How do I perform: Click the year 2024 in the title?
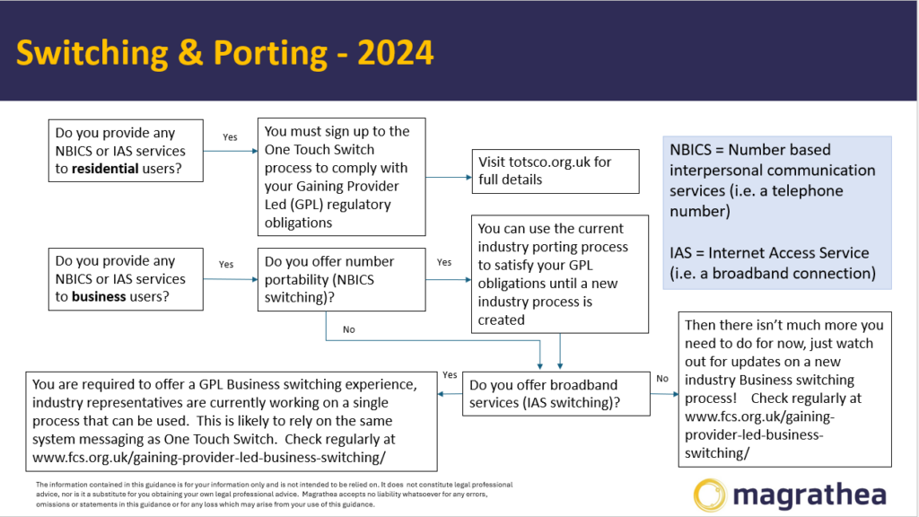[x=396, y=53]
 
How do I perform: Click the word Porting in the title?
[x=270, y=54]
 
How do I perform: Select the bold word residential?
[x=105, y=169]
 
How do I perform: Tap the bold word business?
[x=99, y=296]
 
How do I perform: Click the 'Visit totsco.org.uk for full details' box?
[x=555, y=171]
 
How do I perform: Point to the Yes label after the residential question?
[x=230, y=137]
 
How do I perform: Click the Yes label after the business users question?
[x=226, y=265]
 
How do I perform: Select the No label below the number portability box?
[x=349, y=329]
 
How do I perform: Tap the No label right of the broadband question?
[x=662, y=379]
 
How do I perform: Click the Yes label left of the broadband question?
[x=451, y=374]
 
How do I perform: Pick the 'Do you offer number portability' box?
[x=342, y=280]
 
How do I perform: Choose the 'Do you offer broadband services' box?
[x=556, y=394]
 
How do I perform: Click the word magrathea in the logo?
[x=810, y=495]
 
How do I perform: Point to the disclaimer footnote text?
[x=274, y=495]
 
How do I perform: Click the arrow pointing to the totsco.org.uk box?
[x=449, y=177]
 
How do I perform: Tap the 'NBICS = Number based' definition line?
[x=750, y=150]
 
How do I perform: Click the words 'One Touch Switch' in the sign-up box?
[x=319, y=150]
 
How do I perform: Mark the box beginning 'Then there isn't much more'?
[x=784, y=390]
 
